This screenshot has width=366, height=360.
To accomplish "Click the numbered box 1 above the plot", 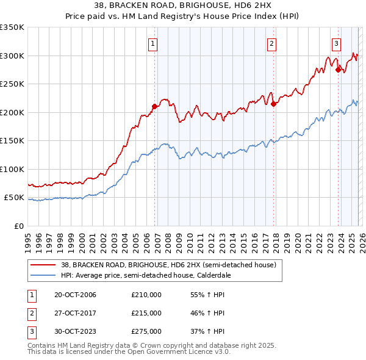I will click(152, 43).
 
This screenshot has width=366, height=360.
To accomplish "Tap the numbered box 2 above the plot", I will click(271, 43).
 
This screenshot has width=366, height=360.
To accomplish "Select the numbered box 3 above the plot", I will click(336, 43).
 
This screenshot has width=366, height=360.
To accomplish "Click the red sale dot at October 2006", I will click(154, 106).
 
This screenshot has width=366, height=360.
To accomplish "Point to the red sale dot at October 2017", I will click(273, 104).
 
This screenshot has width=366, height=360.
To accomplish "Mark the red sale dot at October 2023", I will click(338, 70).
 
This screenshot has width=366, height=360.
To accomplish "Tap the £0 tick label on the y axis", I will click(18, 226).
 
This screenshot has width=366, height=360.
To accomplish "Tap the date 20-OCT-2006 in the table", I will click(75, 295).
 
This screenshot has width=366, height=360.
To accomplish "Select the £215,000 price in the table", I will click(146, 313).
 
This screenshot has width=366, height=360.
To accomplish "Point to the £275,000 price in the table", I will click(146, 331).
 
